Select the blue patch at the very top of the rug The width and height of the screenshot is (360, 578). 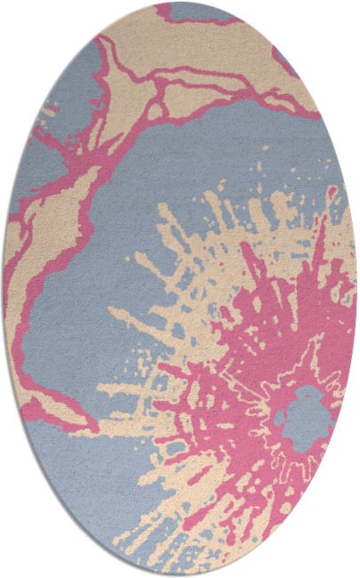pos(200,11)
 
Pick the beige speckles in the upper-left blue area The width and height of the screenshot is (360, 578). pos(49,111)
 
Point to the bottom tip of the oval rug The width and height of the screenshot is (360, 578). pos(180,574)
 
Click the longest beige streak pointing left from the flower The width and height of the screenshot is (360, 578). pos(133,391)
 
